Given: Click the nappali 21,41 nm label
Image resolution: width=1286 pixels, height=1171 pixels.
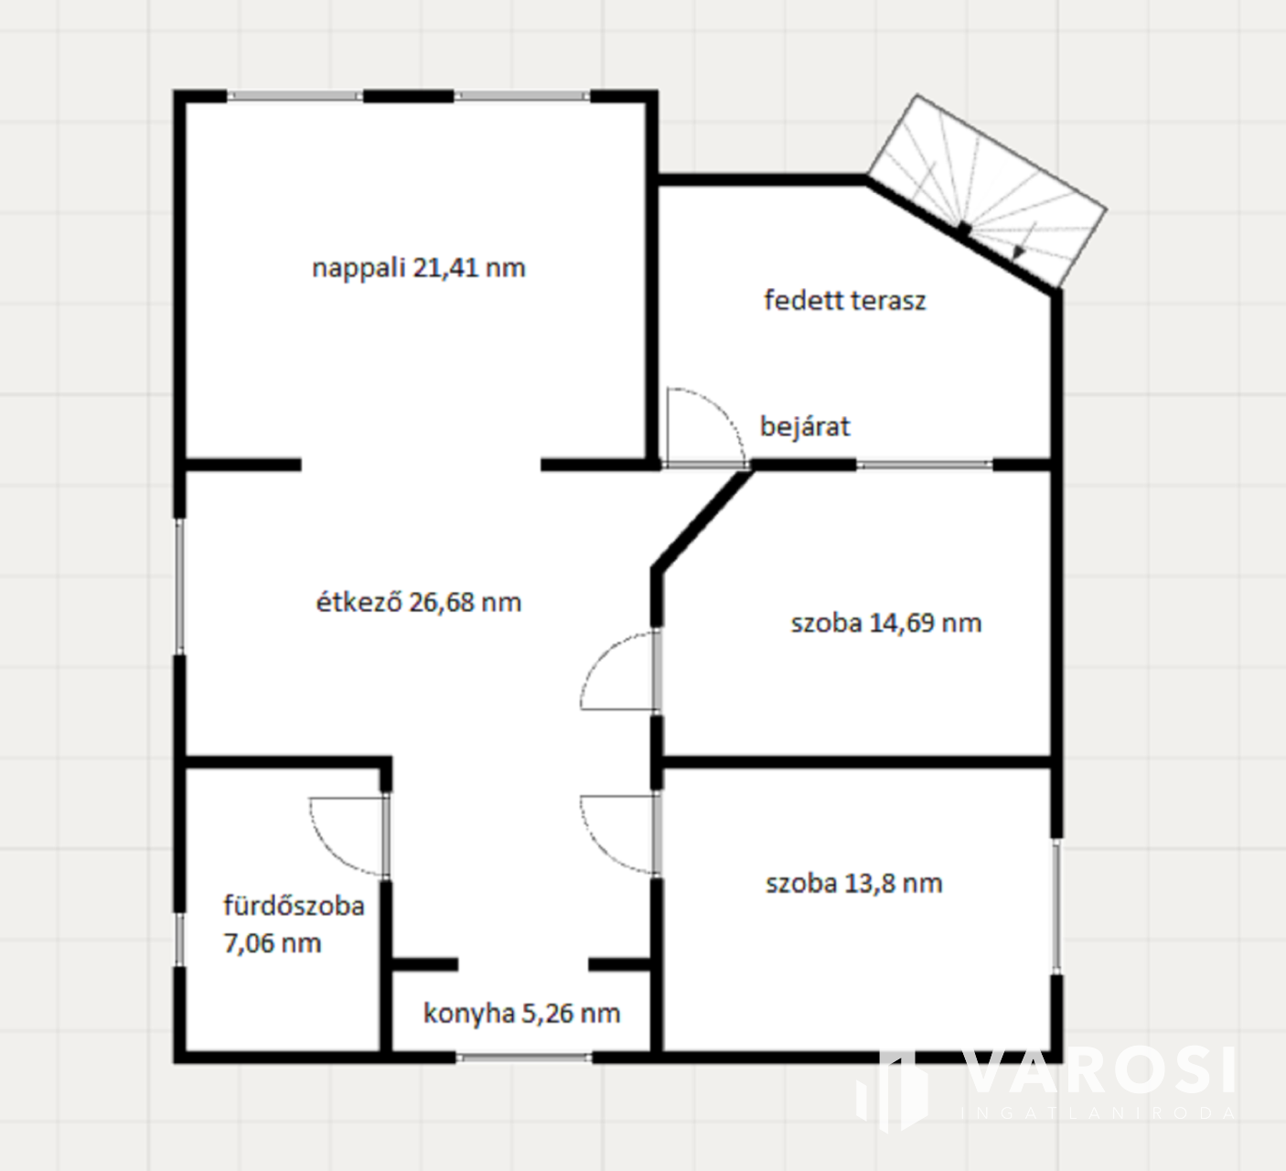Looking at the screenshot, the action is (419, 267).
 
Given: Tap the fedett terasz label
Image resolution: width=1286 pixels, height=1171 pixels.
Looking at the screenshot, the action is (845, 300).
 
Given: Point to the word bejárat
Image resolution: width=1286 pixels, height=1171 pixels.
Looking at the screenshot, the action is (805, 426).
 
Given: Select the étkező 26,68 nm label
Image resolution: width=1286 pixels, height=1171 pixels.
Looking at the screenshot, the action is (419, 602).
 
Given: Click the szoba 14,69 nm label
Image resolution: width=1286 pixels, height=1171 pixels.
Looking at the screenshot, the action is (886, 623).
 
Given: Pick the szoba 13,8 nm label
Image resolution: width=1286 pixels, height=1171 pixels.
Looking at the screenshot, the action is (854, 883).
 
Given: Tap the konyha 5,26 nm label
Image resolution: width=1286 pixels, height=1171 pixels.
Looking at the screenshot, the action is (522, 1014).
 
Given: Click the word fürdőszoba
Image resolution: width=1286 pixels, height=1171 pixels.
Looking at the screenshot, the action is (295, 906).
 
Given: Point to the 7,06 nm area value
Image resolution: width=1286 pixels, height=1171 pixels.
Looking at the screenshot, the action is (273, 943).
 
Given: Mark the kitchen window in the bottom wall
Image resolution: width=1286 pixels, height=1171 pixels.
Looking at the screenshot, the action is (524, 1058).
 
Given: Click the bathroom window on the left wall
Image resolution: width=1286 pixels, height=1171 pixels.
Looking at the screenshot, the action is (180, 940).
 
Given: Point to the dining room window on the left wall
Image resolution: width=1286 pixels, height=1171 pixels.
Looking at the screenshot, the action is (180, 586).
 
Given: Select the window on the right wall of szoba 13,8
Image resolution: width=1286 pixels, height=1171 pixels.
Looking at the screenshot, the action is (1056, 906).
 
